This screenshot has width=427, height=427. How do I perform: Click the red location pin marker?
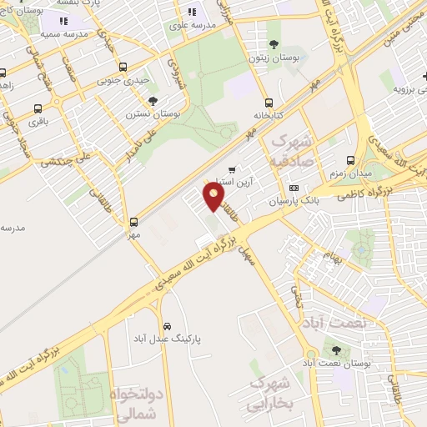coord(214,197)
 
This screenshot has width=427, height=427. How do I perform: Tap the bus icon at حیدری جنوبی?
coord(123,67)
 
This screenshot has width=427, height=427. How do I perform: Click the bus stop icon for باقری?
coord(38,108)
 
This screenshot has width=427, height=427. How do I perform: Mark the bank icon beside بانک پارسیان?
coord(294,188)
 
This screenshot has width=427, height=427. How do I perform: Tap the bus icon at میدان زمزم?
coord(349,160)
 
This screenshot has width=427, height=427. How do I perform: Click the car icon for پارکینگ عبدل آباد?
coord(167,325)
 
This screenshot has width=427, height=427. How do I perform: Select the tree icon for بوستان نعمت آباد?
coord(336,350)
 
